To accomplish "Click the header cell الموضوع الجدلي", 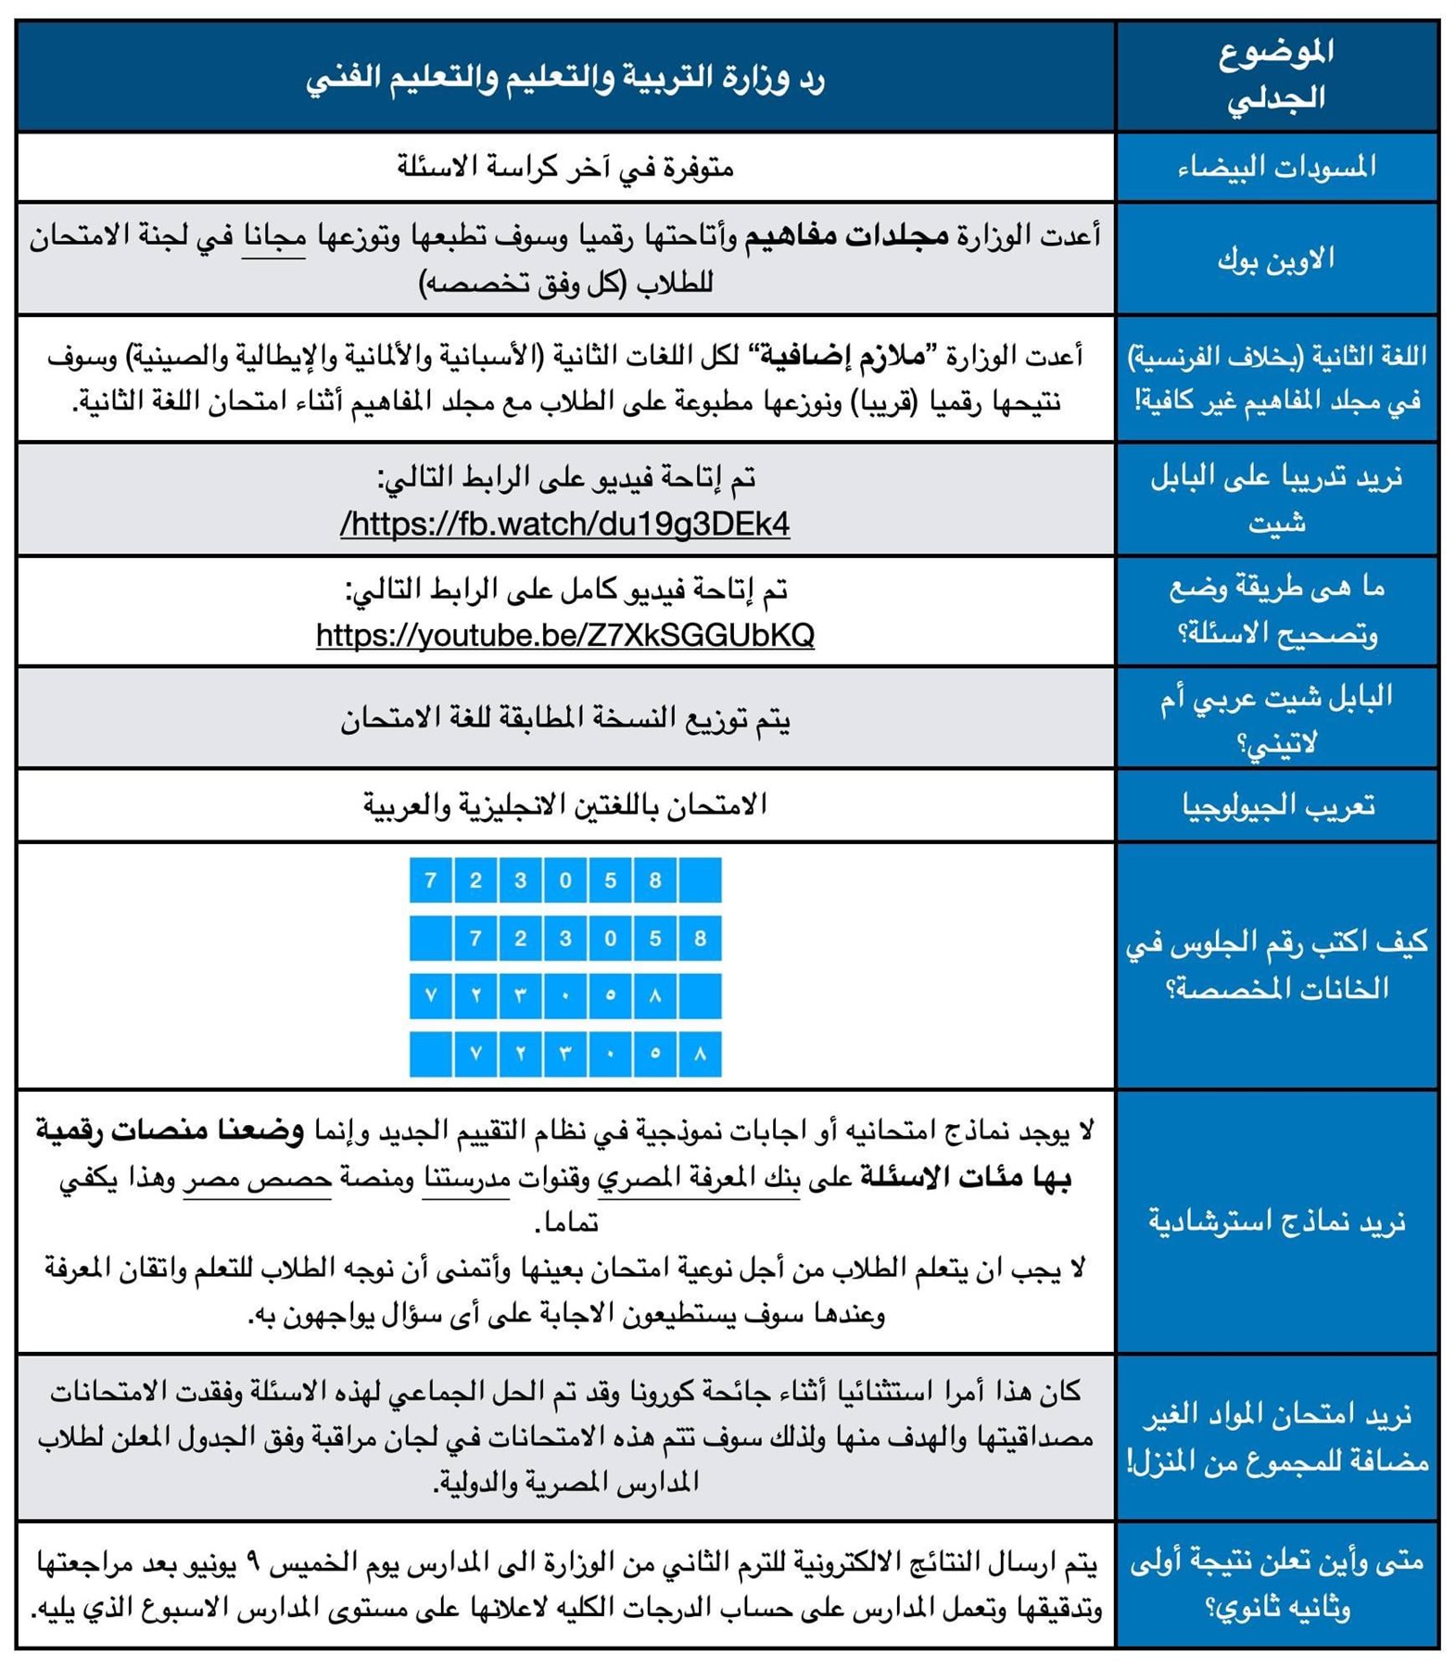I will click(1276, 75).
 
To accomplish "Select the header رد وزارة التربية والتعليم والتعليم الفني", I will click(564, 78).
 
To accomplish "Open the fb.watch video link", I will click(564, 524).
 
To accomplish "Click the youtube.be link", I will click(564, 636).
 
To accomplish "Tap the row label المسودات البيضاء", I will click(1276, 167).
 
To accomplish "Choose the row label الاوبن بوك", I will click(1276, 259).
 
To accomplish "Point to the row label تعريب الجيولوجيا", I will click(1276, 805).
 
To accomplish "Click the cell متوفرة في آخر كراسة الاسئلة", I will click(564, 167).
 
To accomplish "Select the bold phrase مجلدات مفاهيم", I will click(847, 236).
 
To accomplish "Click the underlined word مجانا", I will click(273, 237).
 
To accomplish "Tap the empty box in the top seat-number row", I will click(700, 879).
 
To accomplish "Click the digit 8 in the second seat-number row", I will click(700, 938).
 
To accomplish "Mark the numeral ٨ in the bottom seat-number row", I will click(700, 1054).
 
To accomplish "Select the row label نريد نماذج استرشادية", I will click(1276, 1221).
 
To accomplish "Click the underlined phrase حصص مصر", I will click(257, 1179).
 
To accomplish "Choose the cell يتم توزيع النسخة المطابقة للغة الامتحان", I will click(564, 719).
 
